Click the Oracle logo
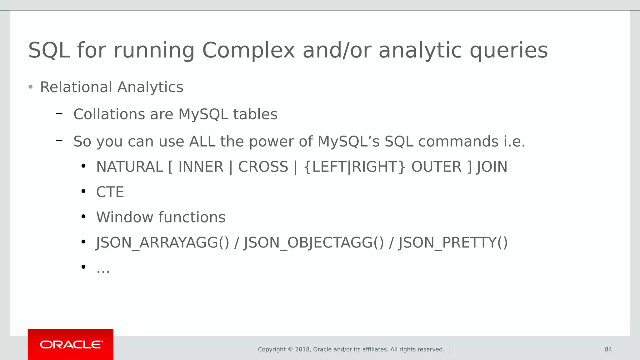tap(71, 344)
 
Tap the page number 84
tap(608, 349)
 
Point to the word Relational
tap(76, 87)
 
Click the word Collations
tap(109, 114)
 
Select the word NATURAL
tap(130, 167)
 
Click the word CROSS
tap(263, 167)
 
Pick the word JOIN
tap(492, 167)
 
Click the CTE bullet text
tap(110, 192)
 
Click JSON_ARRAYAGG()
tap(162, 242)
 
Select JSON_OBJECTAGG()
tap(313, 242)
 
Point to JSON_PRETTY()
tap(453, 242)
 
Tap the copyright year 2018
tap(302, 349)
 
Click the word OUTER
tap(436, 167)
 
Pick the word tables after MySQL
tap(255, 114)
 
